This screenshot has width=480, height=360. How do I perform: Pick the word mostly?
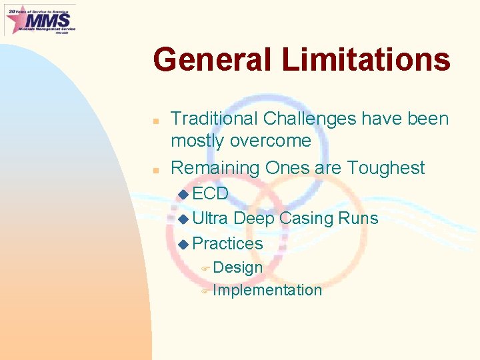[198, 141]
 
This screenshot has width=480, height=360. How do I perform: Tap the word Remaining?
[215, 168]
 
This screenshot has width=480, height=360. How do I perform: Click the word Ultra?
[210, 219]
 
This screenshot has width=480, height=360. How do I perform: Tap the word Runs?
[360, 219]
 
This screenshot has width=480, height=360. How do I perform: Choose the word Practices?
[227, 244]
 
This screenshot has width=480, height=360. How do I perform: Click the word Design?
[238, 267]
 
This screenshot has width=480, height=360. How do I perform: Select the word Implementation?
[267, 290]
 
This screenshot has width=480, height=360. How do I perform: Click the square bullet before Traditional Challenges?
[155, 122]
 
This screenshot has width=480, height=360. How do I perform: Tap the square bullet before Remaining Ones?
[155, 170]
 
